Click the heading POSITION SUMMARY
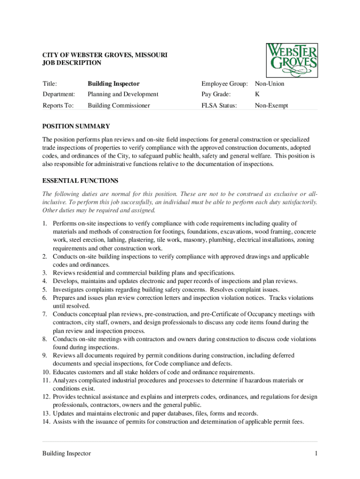[x=76, y=126]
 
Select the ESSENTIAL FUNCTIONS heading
[x=80, y=181]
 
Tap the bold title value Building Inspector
[x=114, y=84]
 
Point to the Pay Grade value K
[x=257, y=94]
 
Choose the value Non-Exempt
[x=271, y=106]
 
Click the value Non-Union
[x=269, y=84]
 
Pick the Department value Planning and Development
[x=123, y=94]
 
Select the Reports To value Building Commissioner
[x=119, y=106]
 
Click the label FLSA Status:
[x=219, y=106]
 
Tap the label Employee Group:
[x=224, y=84]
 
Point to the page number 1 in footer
[x=316, y=453]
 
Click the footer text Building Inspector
[x=66, y=453]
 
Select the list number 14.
[x=46, y=421]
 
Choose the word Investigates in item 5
[x=70, y=290]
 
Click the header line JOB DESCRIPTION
[x=72, y=62]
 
